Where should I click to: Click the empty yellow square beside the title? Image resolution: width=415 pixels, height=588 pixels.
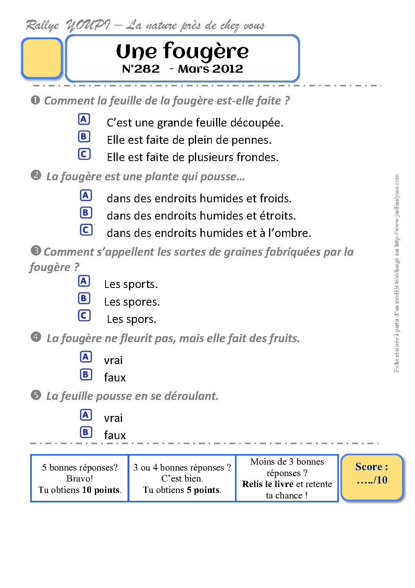42,58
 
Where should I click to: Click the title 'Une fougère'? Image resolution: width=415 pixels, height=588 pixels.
182,51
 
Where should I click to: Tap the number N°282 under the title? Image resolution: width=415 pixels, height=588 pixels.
141,69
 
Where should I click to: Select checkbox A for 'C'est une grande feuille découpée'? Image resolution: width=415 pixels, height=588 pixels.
84,119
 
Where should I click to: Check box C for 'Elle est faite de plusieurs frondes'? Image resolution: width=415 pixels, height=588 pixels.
84,154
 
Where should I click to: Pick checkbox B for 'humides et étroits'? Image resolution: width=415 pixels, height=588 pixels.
86,212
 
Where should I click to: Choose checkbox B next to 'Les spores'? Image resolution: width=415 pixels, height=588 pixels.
84,298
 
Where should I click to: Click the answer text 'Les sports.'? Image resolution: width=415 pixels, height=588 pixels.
131,284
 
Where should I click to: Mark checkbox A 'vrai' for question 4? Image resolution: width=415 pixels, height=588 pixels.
86,357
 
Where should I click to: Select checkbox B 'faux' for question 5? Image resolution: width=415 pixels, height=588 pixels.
86,432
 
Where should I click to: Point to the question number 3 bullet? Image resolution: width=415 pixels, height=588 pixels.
36,250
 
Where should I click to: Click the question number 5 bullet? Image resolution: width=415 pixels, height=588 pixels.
36,395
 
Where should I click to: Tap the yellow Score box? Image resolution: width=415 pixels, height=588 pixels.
371,477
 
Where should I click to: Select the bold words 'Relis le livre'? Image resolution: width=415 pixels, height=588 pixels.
268,484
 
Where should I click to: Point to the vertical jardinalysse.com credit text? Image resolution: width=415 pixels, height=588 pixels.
397,273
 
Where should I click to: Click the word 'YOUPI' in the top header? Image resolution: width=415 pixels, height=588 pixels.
88,26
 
